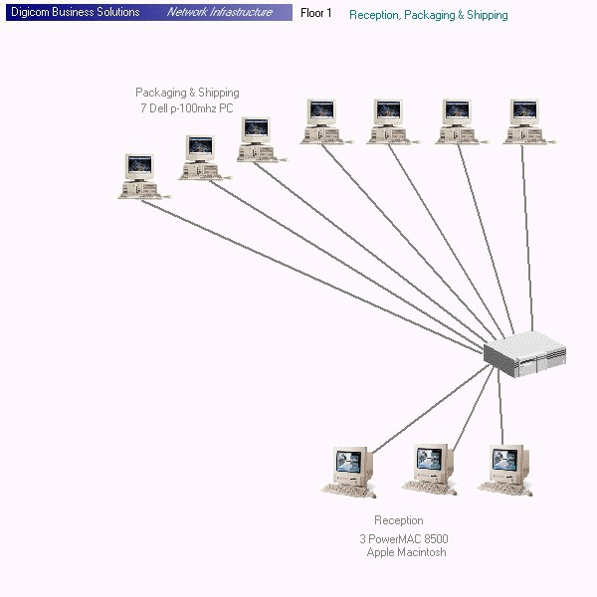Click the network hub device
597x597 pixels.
click(x=524, y=353)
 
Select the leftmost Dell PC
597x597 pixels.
click(x=139, y=176)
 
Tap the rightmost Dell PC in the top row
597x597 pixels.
click(x=523, y=121)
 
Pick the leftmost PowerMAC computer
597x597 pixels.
click(x=349, y=471)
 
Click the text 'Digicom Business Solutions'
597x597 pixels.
click(x=75, y=13)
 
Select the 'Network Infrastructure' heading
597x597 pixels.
click(x=219, y=13)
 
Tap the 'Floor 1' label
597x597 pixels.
click(x=316, y=13)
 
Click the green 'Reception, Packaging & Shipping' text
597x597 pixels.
click(x=428, y=15)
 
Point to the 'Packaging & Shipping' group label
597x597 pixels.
click(x=187, y=93)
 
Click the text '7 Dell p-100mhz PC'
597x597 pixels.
click(x=187, y=107)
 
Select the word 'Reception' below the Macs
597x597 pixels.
click(x=398, y=520)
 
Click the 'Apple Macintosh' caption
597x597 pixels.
click(x=406, y=552)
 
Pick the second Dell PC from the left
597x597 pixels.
click(x=200, y=157)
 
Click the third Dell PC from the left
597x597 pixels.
click(x=257, y=139)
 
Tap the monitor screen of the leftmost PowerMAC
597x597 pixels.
click(x=349, y=461)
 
